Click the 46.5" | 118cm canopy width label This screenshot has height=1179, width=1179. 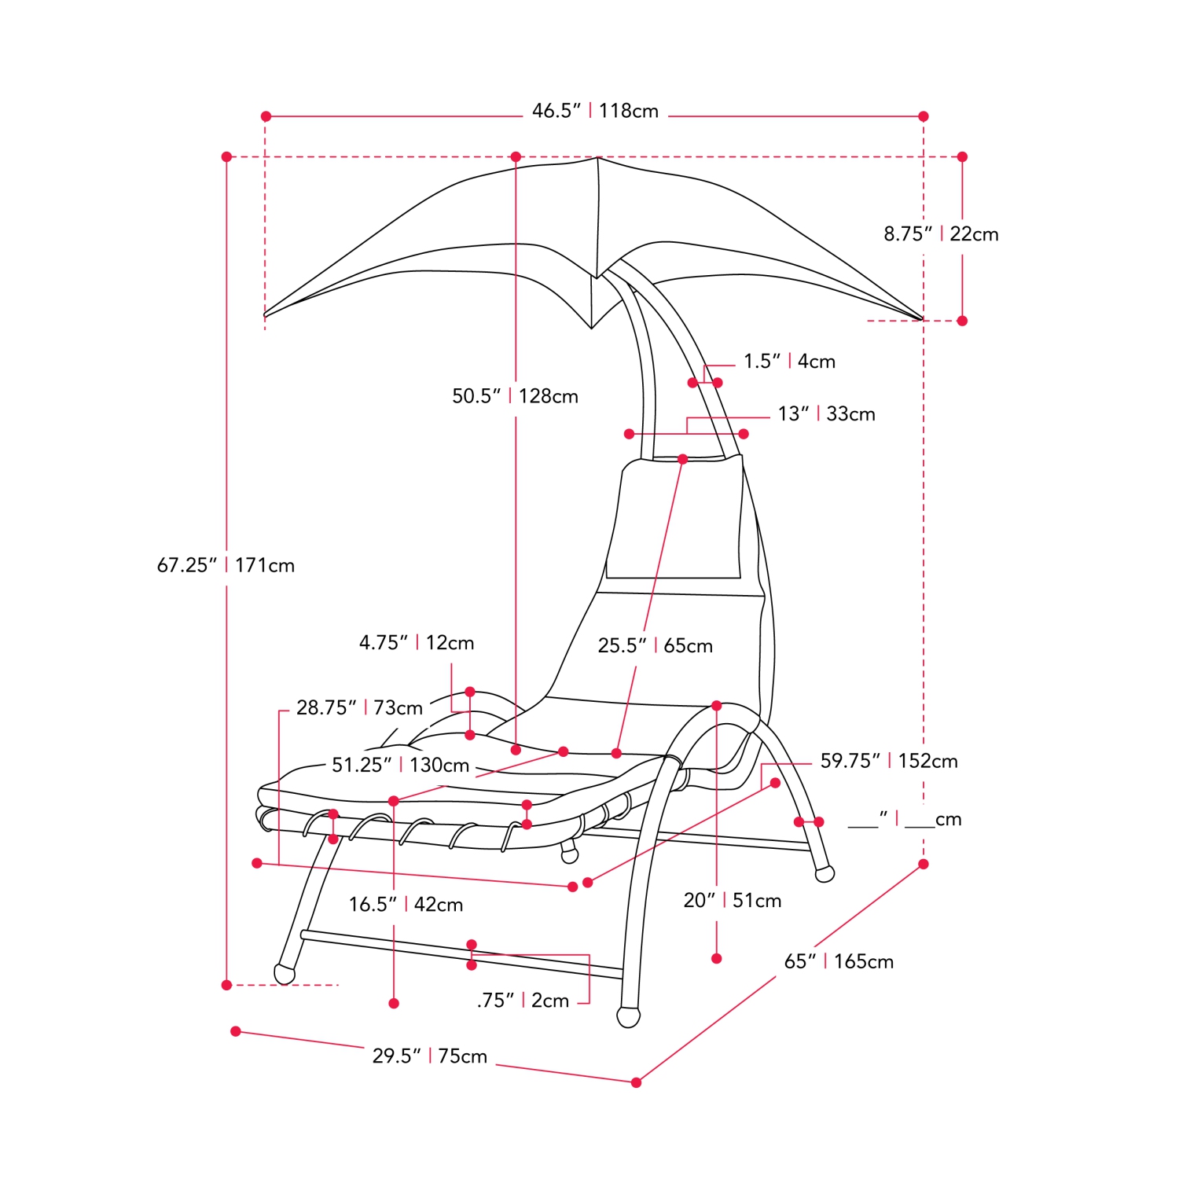(x=595, y=111)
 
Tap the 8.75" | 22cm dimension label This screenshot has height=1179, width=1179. (x=941, y=234)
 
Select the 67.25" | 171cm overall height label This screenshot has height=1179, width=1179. (x=226, y=565)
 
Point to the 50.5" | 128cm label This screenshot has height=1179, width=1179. (x=515, y=396)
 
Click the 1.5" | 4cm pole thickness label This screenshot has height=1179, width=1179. (x=789, y=362)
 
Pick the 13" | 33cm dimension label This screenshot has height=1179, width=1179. (x=826, y=414)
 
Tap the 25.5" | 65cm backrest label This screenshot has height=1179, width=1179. (x=655, y=646)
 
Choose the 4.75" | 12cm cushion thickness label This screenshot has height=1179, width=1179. (x=417, y=643)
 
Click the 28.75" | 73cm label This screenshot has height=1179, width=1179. (x=359, y=708)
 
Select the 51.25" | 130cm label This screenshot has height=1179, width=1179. (x=400, y=766)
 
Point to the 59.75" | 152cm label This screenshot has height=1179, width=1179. (x=889, y=761)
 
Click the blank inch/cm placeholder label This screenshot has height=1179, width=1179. (x=905, y=820)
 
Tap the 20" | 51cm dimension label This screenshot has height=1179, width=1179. (x=732, y=901)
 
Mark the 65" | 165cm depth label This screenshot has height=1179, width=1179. (x=839, y=961)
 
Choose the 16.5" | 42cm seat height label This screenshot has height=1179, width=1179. (x=406, y=905)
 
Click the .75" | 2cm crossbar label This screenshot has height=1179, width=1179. (x=523, y=1001)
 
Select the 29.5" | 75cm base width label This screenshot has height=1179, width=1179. (x=430, y=1056)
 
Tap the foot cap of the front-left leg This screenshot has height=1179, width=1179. (x=284, y=973)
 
